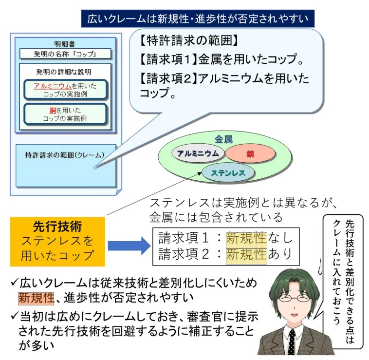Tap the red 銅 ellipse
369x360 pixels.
(x=250, y=153)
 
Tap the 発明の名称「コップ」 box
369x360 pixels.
(x=65, y=54)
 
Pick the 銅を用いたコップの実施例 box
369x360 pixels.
(x=65, y=114)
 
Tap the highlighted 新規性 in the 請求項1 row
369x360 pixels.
(x=246, y=238)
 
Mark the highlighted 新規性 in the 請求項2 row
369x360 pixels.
(x=246, y=254)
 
